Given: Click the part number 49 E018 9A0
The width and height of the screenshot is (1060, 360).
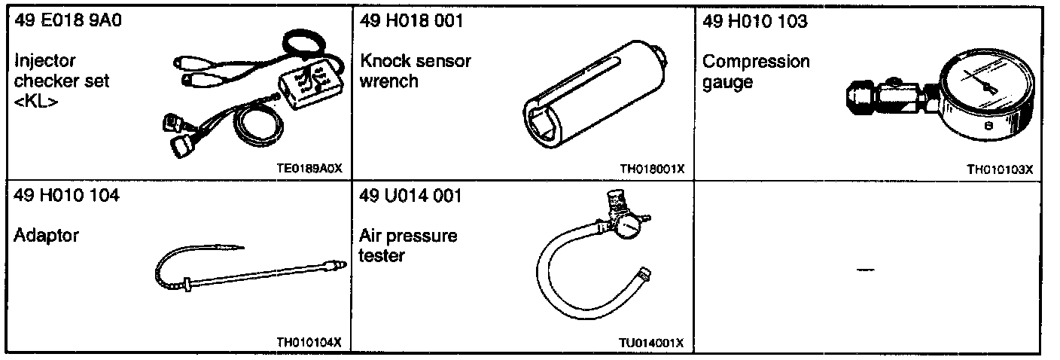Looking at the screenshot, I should (68, 21).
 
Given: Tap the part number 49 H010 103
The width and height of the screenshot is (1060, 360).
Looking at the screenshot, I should (754, 21).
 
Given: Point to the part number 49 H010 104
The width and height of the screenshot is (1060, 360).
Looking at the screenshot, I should (66, 197).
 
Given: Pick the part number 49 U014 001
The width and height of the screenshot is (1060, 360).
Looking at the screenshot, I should (411, 197).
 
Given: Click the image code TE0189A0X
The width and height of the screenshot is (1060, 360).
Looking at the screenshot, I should (309, 169).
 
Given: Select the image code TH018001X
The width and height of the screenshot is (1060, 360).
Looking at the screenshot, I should (652, 169).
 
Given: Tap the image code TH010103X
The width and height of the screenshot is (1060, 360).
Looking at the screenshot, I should (999, 169).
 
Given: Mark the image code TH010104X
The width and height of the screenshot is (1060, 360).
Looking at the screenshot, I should (309, 343).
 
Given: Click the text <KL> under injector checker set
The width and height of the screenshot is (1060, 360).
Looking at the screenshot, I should (35, 100).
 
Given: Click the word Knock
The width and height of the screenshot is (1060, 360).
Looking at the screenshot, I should (383, 61).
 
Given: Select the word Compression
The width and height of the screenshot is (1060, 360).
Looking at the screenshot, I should (756, 61).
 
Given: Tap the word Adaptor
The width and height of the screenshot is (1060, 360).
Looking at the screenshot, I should (46, 236).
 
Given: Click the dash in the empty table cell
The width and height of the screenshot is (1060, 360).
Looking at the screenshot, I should (866, 269).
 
